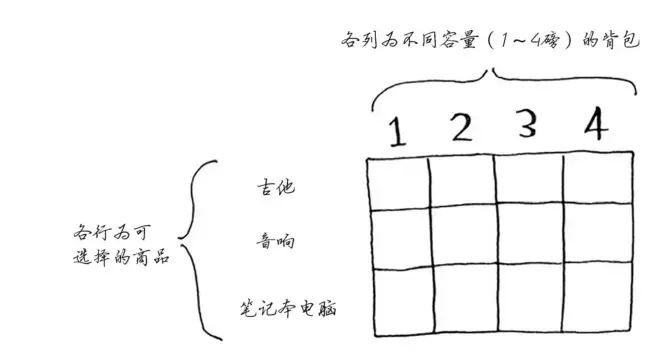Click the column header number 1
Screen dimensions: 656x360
[395, 133]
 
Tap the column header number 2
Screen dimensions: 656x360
[459, 130]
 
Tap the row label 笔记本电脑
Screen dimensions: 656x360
[288, 305]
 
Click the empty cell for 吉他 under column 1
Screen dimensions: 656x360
[397, 184]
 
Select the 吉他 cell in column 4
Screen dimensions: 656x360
[598, 180]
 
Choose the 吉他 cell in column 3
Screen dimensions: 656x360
[528, 181]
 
